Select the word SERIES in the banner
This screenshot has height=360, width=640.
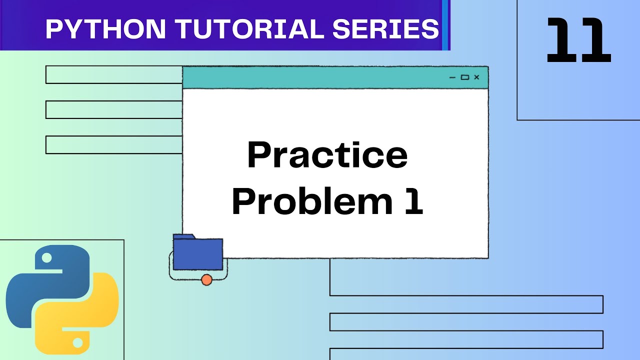385,29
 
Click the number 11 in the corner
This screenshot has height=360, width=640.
578,40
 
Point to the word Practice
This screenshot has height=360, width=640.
327,156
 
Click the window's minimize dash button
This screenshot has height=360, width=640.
452,77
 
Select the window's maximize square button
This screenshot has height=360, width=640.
464,77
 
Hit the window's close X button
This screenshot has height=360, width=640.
476,77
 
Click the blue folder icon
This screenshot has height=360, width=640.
197,252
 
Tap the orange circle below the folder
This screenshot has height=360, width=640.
206,280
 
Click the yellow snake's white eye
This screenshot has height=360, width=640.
77,342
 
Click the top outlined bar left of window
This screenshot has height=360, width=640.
114,74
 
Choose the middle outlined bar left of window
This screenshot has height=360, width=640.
114,109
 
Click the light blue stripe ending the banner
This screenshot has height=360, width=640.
445,25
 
